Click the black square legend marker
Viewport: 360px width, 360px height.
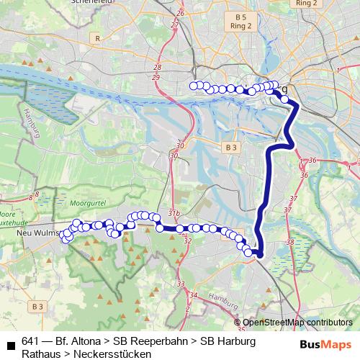pos(11,346)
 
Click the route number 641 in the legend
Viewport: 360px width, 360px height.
pos(31,341)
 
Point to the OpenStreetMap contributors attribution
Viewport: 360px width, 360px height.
pos(297,323)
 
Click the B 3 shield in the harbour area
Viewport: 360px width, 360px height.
pos(230,147)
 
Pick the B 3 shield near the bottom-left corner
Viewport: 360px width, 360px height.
pos(37,307)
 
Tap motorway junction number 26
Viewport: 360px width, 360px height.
pos(180,13)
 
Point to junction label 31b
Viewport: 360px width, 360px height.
pos(174,214)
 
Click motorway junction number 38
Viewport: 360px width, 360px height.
pos(290,242)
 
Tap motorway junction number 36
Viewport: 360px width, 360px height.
pos(312,160)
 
